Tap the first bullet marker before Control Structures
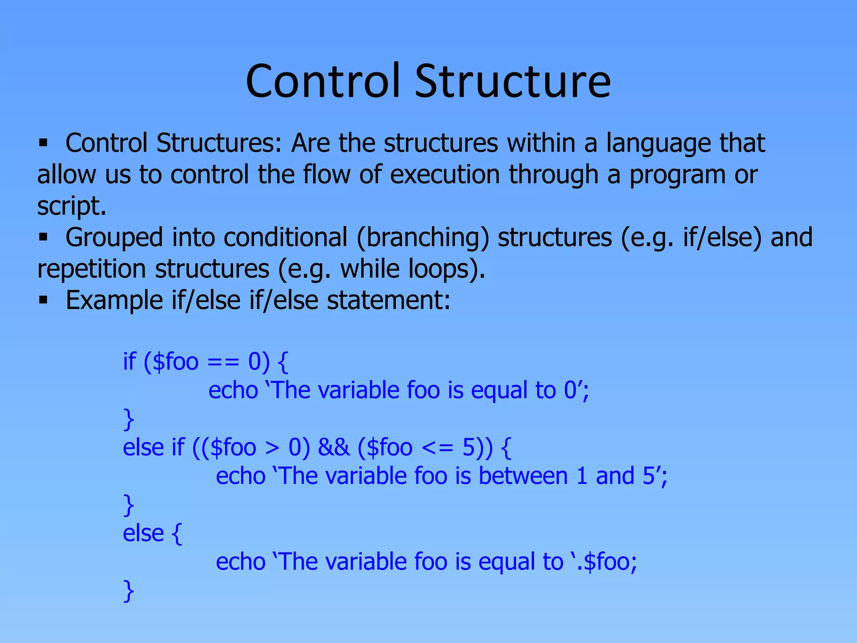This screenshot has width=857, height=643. [x=43, y=143]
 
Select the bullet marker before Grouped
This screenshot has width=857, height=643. [x=43, y=237]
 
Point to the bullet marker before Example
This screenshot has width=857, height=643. [x=43, y=300]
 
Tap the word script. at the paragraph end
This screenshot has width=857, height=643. [x=72, y=206]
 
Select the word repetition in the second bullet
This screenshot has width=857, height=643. [x=91, y=269]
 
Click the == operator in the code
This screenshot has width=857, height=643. [x=223, y=362]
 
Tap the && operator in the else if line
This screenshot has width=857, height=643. [x=334, y=447]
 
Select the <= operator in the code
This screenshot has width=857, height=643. [x=437, y=448]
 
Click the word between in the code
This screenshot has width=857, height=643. [x=523, y=476]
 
